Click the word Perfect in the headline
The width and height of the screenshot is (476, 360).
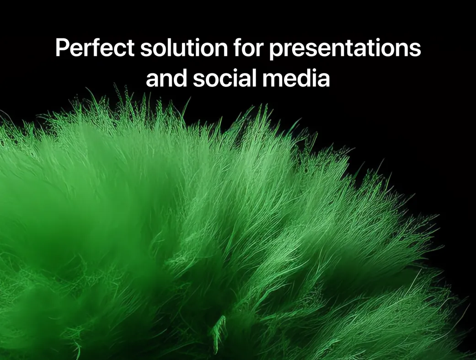(95, 48)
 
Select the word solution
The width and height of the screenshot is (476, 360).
(184, 48)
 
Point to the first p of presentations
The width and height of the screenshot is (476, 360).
(276, 52)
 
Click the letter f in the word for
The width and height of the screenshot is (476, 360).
(238, 48)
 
